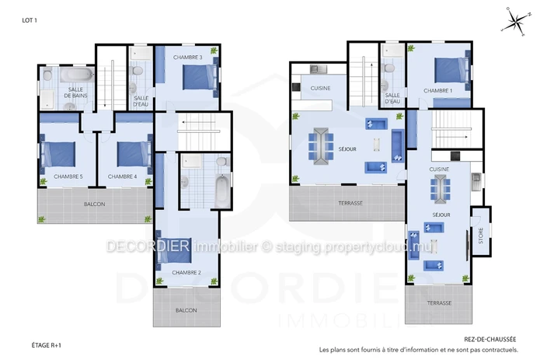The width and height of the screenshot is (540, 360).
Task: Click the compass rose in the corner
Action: (x=516, y=21)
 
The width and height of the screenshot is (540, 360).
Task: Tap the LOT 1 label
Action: (x=30, y=20)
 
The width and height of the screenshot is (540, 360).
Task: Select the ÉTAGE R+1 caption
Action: (x=46, y=345)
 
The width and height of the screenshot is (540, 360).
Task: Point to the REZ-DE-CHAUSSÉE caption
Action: (x=490, y=339)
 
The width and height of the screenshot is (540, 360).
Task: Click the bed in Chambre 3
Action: (x=200, y=78)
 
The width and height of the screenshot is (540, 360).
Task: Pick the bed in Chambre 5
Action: (x=58, y=155)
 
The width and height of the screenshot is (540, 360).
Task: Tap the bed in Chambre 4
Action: (x=134, y=155)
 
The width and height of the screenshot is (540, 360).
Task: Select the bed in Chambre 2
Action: (x=174, y=250)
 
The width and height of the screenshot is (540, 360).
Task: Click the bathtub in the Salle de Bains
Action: (x=77, y=75)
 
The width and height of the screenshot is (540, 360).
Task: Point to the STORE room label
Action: (x=481, y=236)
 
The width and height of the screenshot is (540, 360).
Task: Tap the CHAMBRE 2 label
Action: (x=186, y=272)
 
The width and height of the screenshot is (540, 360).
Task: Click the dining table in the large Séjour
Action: (x=321, y=146)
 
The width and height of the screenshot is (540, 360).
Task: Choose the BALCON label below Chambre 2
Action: (x=186, y=310)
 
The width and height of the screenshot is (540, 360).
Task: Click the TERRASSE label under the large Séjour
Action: (x=350, y=203)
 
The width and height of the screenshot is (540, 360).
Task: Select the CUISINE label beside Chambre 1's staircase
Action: (x=439, y=170)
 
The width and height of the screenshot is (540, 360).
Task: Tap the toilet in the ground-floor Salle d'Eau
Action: (x=389, y=68)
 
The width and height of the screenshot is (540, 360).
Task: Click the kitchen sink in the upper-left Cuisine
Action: (x=319, y=69)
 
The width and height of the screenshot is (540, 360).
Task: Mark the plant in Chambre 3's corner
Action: (x=214, y=51)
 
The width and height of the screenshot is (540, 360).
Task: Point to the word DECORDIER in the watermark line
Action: (x=148, y=246)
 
